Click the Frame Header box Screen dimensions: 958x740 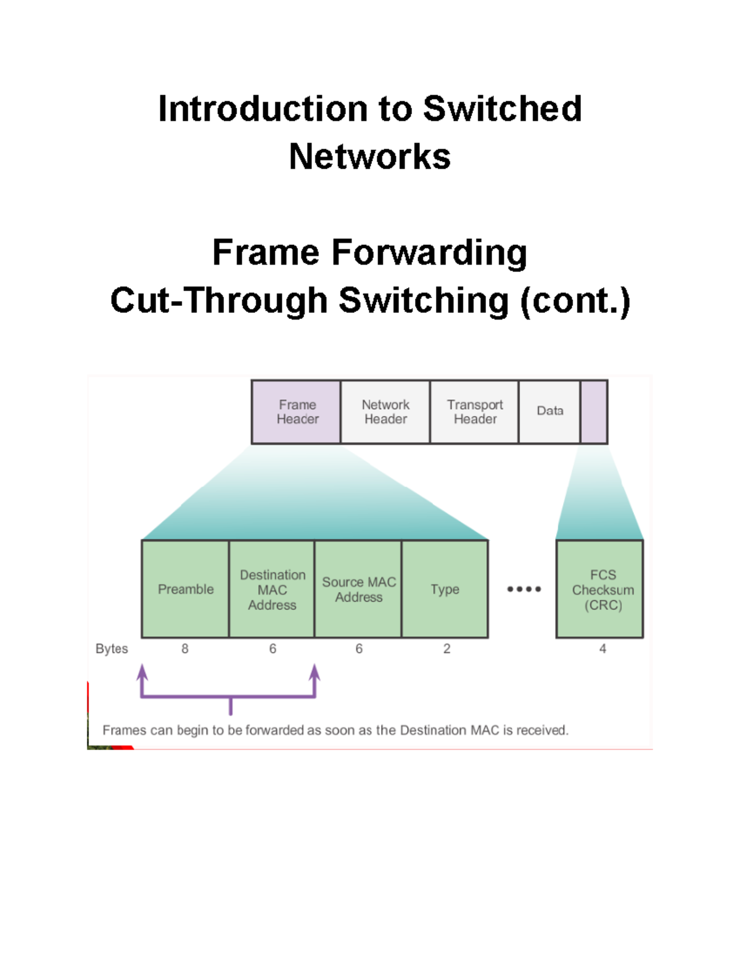pyautogui.click(x=296, y=411)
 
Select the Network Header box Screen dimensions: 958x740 pyautogui.click(x=385, y=411)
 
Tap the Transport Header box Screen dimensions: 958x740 pyautogui.click(x=474, y=411)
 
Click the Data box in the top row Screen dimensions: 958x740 pyautogui.click(x=549, y=411)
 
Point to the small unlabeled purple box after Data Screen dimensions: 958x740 pyautogui.click(x=594, y=411)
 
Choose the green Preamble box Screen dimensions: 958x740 pyautogui.click(x=185, y=589)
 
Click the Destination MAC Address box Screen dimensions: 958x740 pyautogui.click(x=272, y=589)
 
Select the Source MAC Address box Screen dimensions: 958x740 pyautogui.click(x=358, y=589)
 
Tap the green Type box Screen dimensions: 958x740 pyautogui.click(x=445, y=589)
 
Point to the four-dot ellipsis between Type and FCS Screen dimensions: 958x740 pyautogui.click(x=524, y=589)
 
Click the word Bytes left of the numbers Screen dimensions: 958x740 pyautogui.click(x=112, y=649)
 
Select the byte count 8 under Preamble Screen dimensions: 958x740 pyautogui.click(x=185, y=649)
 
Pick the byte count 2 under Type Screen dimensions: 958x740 pyautogui.click(x=446, y=649)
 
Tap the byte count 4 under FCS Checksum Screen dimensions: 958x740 pyautogui.click(x=602, y=649)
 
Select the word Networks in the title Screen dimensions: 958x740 pyautogui.click(x=369, y=156)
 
